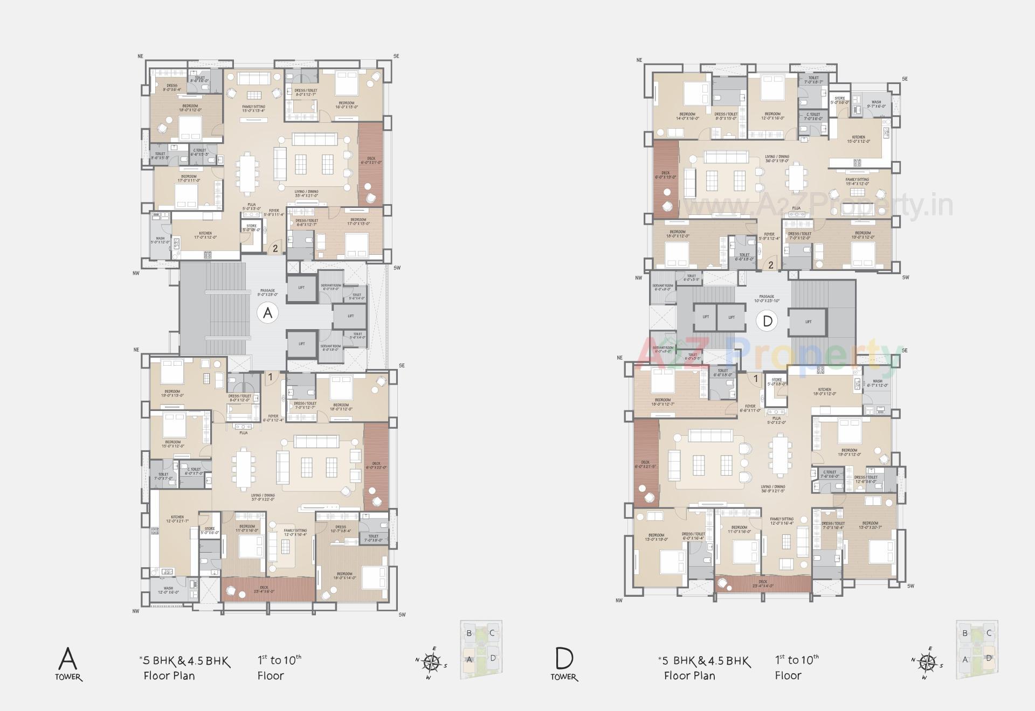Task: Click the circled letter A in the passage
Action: click(x=268, y=313)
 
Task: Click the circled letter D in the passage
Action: click(x=768, y=322)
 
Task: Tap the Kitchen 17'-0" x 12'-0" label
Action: click(x=205, y=235)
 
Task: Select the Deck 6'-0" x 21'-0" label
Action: click(x=371, y=161)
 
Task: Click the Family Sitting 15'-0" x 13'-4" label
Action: click(x=253, y=109)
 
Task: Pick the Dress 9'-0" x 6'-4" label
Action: click(x=172, y=87)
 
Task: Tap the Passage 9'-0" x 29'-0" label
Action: click(x=267, y=292)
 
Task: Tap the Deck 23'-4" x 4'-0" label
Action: click(x=763, y=584)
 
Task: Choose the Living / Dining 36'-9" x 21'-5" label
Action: click(x=773, y=489)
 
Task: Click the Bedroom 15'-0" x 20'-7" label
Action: click(x=870, y=526)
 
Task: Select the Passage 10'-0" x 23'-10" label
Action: click(x=767, y=298)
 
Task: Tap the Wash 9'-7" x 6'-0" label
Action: click(x=877, y=104)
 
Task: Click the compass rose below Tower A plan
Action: click(x=431, y=663)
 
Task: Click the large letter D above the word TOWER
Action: click(x=564, y=658)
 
